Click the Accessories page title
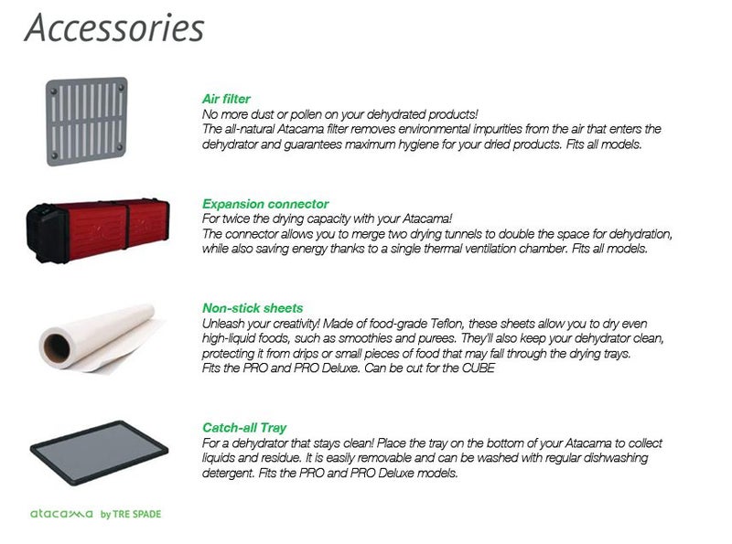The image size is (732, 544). pyautogui.click(x=114, y=27)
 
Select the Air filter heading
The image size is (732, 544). pyautogui.click(x=226, y=99)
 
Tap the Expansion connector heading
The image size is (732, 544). pyautogui.click(x=265, y=204)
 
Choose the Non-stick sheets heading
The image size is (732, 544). pyautogui.click(x=253, y=308)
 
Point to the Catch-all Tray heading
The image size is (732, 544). pyautogui.click(x=244, y=428)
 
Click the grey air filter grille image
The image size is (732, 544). pyautogui.click(x=86, y=122)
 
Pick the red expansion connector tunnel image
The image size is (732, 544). pyautogui.click(x=98, y=231)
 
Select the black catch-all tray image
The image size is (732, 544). pyautogui.click(x=99, y=453)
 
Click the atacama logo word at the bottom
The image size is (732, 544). pyautogui.click(x=61, y=514)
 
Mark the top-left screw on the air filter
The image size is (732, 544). pyautogui.click(x=54, y=91)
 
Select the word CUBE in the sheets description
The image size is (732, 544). pyautogui.click(x=478, y=368)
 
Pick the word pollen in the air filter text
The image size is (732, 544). pyautogui.click(x=306, y=115)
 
